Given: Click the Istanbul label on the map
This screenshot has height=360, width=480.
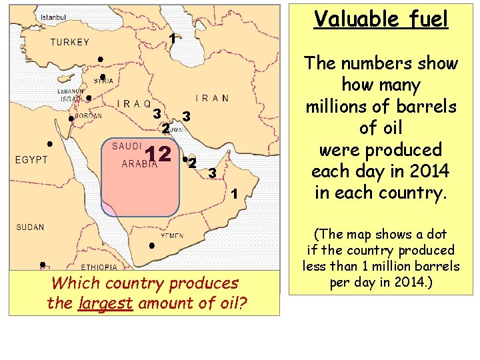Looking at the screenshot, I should coord(54,16).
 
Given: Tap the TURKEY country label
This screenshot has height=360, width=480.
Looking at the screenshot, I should coord(70,42).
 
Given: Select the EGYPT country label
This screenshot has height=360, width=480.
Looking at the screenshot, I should coord(32,160).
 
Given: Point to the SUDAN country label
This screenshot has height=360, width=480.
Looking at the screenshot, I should coord(30,227).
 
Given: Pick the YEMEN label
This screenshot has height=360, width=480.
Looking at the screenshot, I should coord(172,235).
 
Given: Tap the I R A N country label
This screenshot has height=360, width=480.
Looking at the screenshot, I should coord(212,98).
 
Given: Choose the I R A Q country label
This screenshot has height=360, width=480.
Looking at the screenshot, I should coord(133,104).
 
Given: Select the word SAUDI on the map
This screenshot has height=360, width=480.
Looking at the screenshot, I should coord(125,145).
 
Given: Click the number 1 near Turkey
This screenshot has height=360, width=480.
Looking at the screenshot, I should coord(172,39).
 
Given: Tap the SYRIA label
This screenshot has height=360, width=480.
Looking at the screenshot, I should coord(103,81).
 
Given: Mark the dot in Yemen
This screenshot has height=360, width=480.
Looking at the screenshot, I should coord(152,246).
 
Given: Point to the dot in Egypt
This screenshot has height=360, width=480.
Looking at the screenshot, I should coord(49,144).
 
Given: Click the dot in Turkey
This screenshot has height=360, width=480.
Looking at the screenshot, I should coord(99,60).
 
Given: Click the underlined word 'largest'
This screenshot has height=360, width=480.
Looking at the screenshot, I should coord(99,303).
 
